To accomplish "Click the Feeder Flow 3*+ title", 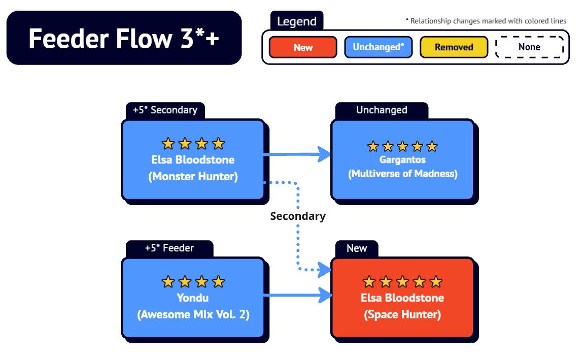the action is click(x=124, y=38).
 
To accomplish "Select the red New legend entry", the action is click(x=303, y=47).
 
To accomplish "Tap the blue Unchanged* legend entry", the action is click(x=378, y=47).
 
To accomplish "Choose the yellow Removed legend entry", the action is click(x=454, y=47).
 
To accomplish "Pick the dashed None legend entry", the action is click(x=529, y=47).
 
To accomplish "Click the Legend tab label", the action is click(x=297, y=21).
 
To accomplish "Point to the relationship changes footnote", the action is click(x=486, y=21).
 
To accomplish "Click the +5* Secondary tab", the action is click(x=165, y=110).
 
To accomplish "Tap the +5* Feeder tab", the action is click(x=169, y=248).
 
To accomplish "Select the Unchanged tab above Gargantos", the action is click(x=382, y=110).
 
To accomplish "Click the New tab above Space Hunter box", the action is click(x=357, y=248).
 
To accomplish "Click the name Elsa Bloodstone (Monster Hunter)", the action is click(x=193, y=168).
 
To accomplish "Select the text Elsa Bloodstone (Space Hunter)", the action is click(x=402, y=306).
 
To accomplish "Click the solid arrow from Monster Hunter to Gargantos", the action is click(x=297, y=154).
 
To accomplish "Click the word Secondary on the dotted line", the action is click(x=298, y=216).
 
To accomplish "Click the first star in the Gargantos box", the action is click(x=373, y=146).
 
